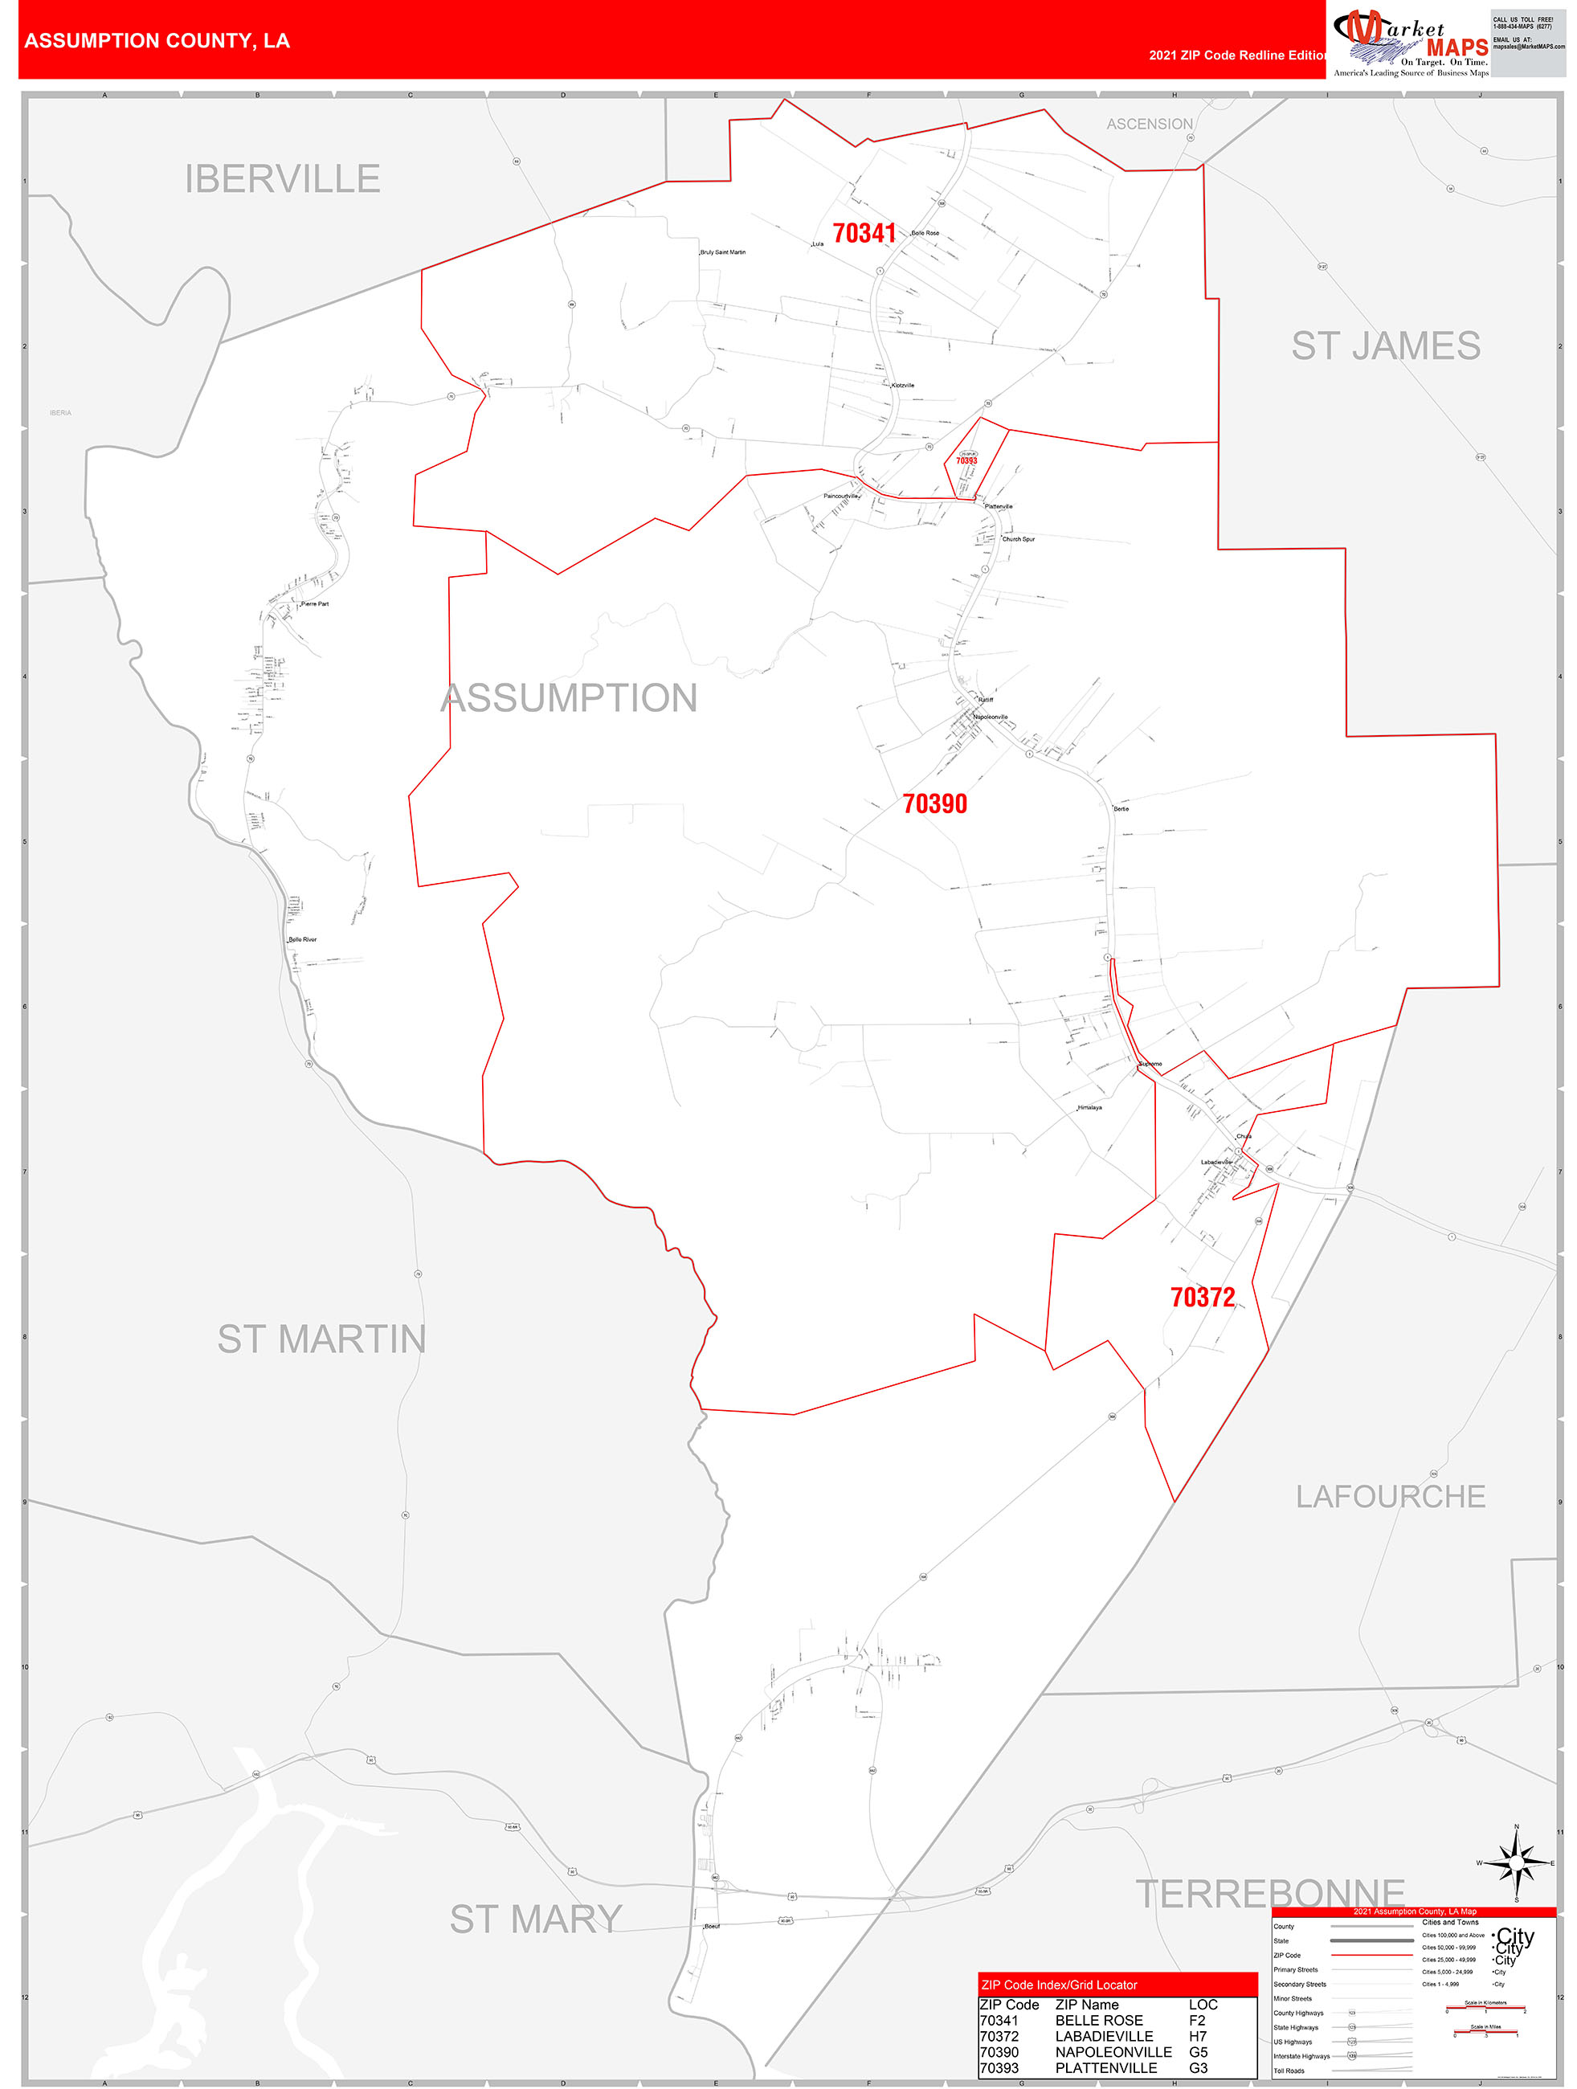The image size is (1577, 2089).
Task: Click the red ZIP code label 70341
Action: click(863, 233)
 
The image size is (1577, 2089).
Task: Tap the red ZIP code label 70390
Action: click(934, 803)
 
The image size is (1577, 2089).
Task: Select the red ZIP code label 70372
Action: click(1202, 1298)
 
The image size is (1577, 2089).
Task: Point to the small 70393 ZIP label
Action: click(966, 461)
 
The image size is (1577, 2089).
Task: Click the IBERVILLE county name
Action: click(282, 178)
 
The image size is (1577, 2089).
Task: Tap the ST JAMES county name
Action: click(1385, 345)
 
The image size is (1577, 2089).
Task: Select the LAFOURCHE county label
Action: click(1390, 1497)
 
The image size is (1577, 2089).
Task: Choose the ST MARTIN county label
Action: click(321, 1339)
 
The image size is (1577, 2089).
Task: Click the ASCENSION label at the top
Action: click(1150, 125)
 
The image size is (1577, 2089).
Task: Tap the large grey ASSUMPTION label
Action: click(569, 698)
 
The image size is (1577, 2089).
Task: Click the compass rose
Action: click(1516, 1862)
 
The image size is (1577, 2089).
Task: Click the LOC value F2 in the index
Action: click(1196, 2020)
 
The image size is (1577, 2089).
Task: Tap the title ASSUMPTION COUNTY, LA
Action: click(157, 41)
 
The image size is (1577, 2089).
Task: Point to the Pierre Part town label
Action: click(314, 603)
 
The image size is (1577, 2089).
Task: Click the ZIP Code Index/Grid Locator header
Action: click(1059, 1985)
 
